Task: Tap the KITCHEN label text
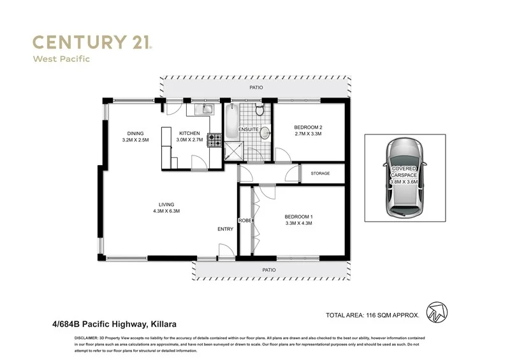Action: tap(189, 133)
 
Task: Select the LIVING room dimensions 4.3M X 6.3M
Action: tap(166, 211)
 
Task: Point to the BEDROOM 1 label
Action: tap(298, 217)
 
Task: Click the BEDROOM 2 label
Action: tap(308, 127)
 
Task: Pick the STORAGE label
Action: tap(320, 173)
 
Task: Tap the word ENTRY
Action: tap(225, 229)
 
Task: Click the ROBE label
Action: tap(244, 220)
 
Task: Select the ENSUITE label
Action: tap(248, 130)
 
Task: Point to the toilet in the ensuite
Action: tap(259, 111)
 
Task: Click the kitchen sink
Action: tap(205, 110)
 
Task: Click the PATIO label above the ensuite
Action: tap(256, 87)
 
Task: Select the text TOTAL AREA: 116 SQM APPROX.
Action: tap(372, 315)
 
